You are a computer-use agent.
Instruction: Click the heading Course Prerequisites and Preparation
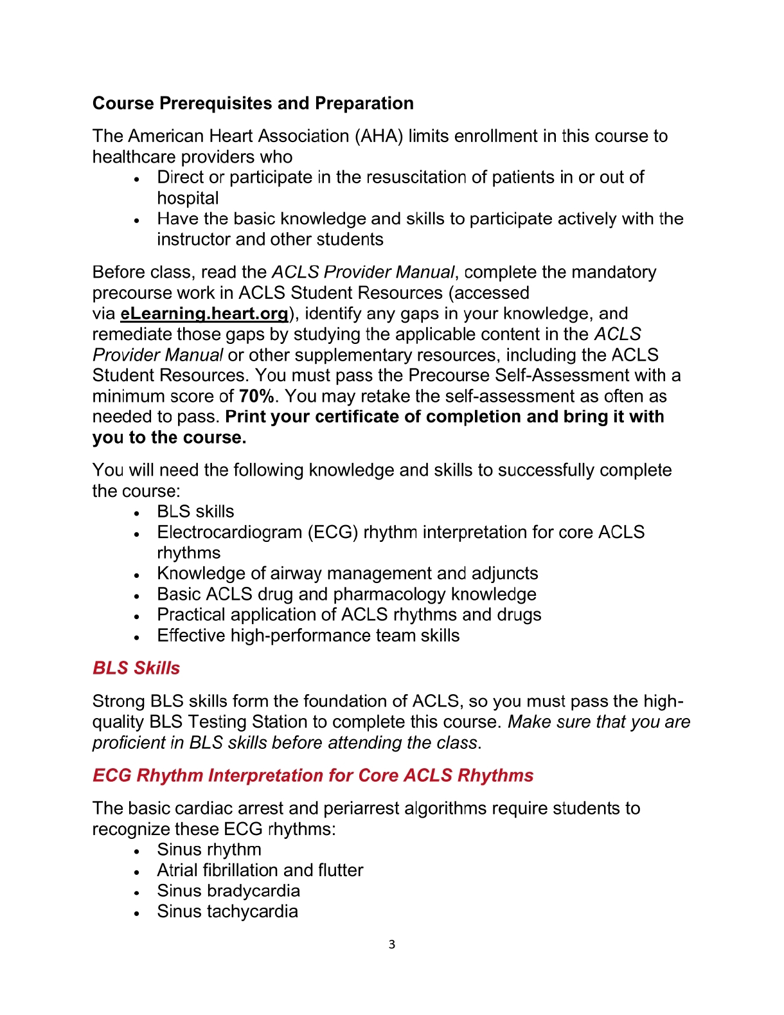[x=253, y=103]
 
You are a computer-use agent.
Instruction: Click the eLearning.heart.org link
[x=204, y=314]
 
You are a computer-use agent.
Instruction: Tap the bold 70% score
[x=256, y=396]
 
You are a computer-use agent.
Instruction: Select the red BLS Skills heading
[x=136, y=668]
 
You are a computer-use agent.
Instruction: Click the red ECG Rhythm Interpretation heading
[x=313, y=775]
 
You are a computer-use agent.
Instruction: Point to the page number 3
[x=392, y=944]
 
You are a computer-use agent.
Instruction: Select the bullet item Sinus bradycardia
[x=228, y=891]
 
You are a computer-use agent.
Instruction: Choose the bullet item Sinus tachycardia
[x=227, y=912]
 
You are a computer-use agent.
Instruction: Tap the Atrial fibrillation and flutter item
[x=260, y=870]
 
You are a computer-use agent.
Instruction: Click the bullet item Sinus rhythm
[x=209, y=850]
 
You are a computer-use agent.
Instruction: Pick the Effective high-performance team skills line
[x=308, y=636]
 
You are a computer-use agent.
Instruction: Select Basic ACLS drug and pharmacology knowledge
[x=346, y=594]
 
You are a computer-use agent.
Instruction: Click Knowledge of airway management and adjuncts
[x=347, y=573]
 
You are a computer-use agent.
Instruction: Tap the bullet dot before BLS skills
[x=137, y=513]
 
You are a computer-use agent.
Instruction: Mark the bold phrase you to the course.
[x=169, y=438]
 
